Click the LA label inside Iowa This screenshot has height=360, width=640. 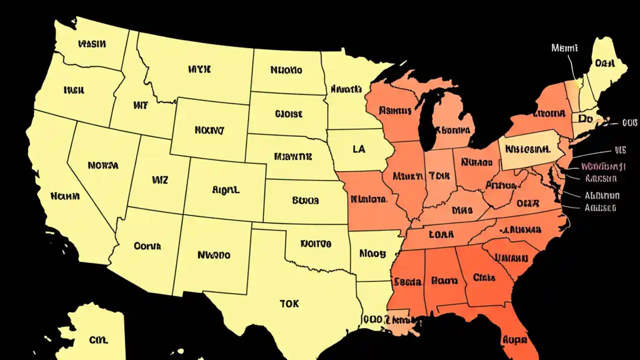pyautogui.click(x=358, y=149)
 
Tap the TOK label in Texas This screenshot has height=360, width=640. pyautogui.click(x=289, y=303)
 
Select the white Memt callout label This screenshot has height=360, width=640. pyautogui.click(x=564, y=48)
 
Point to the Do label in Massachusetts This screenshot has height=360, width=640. pyautogui.click(x=585, y=118)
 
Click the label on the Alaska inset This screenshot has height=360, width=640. pyautogui.click(x=98, y=340)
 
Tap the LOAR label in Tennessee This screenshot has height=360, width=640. pyautogui.click(x=441, y=233)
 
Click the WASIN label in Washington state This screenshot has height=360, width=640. pyautogui.click(x=92, y=44)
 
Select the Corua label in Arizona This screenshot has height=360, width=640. pyautogui.click(x=147, y=246)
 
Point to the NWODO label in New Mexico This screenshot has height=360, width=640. pyautogui.click(x=214, y=255)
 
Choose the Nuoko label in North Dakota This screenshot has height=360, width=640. pyautogui.click(x=286, y=70)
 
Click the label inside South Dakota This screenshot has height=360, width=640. pyautogui.click(x=288, y=114)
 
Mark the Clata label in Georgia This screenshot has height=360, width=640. pyautogui.click(x=483, y=277)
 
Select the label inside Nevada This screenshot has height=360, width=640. pyautogui.click(x=102, y=164)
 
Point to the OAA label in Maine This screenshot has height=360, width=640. pyautogui.click(x=604, y=63)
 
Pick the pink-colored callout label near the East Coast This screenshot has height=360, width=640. pyautogui.click(x=603, y=166)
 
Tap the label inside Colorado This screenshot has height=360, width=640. pyautogui.click(x=226, y=190)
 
